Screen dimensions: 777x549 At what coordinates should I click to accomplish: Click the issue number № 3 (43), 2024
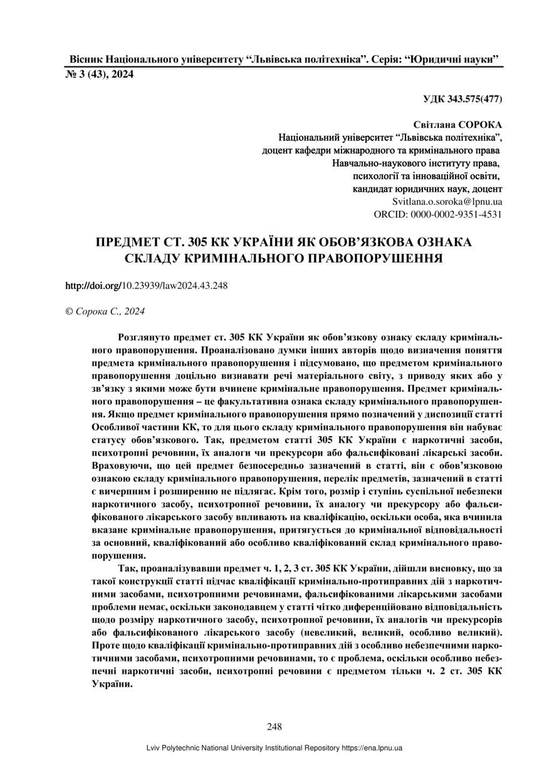coord(100,75)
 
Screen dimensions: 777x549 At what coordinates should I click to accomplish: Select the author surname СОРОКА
coord(477,125)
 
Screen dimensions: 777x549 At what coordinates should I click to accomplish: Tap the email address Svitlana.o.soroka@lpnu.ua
coord(447,202)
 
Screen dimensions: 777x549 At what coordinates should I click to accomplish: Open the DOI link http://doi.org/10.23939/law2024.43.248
coord(147,285)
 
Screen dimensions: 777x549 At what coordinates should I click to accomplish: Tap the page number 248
coord(274,727)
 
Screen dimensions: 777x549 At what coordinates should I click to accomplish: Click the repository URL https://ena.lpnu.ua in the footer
coord(372,748)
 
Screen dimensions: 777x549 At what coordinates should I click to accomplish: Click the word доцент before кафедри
coord(281,151)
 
